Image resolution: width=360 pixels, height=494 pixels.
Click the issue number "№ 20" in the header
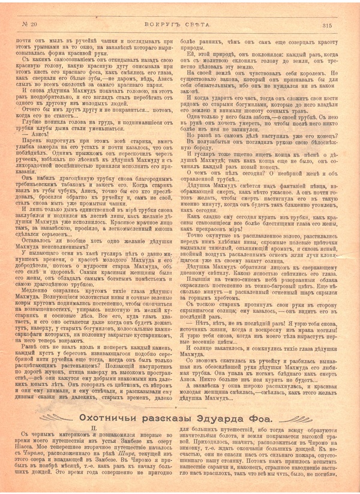pyautogui.click(x=30, y=25)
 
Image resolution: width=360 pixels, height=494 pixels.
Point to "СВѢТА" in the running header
pyautogui.click(x=200, y=25)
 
